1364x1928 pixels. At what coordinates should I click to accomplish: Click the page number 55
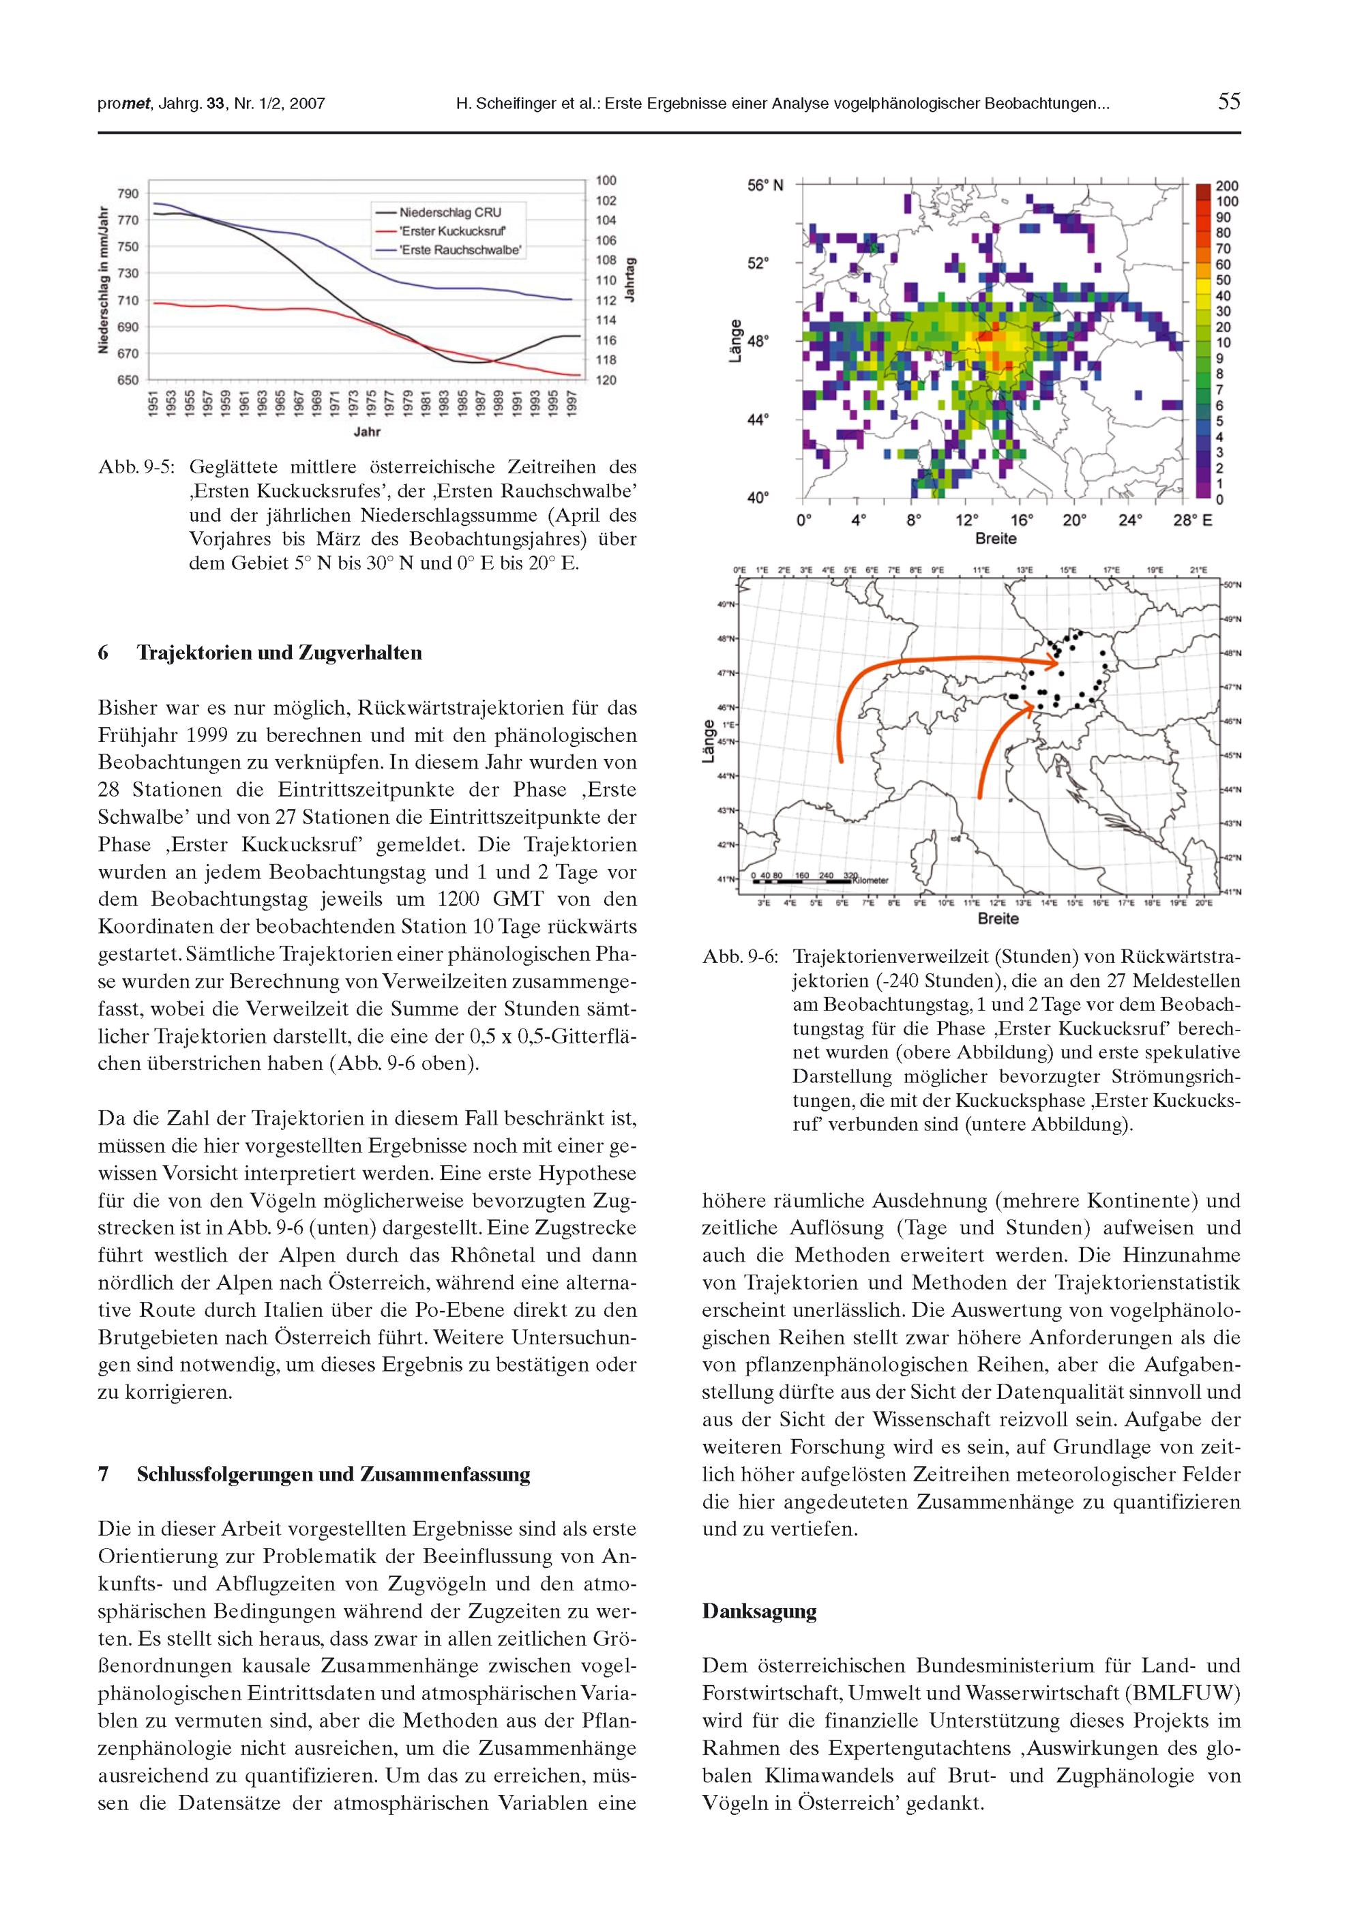[1229, 102]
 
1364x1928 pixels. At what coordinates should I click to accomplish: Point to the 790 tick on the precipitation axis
[128, 193]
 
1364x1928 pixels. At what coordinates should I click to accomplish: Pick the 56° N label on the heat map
[765, 185]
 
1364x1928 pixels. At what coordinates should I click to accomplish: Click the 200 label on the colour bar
[1227, 186]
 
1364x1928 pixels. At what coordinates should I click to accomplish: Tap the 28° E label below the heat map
[1193, 520]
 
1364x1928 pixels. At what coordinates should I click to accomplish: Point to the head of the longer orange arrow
[1055, 664]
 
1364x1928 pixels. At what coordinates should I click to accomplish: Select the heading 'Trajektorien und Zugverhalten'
[279, 653]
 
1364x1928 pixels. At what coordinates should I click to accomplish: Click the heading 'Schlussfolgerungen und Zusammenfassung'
[333, 1474]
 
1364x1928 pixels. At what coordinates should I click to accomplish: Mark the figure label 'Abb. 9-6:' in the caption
[739, 958]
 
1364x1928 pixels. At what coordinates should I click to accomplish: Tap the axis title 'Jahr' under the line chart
[367, 432]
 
